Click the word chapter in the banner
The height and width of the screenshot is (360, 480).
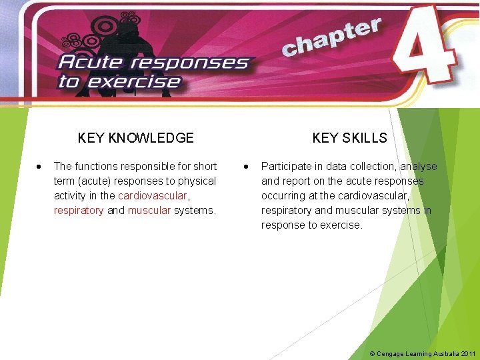[331, 38]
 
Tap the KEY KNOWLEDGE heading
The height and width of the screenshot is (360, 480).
[135, 138]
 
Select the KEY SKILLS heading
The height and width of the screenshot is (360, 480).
[349, 138]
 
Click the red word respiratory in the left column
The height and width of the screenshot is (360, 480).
[79, 210]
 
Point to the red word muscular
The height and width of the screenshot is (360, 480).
[149, 210]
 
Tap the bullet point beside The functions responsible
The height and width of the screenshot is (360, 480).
[40, 166]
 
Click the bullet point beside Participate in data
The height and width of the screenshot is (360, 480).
[247, 166]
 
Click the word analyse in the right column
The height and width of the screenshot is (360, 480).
[419, 166]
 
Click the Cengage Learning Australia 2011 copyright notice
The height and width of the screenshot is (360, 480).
[423, 353]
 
